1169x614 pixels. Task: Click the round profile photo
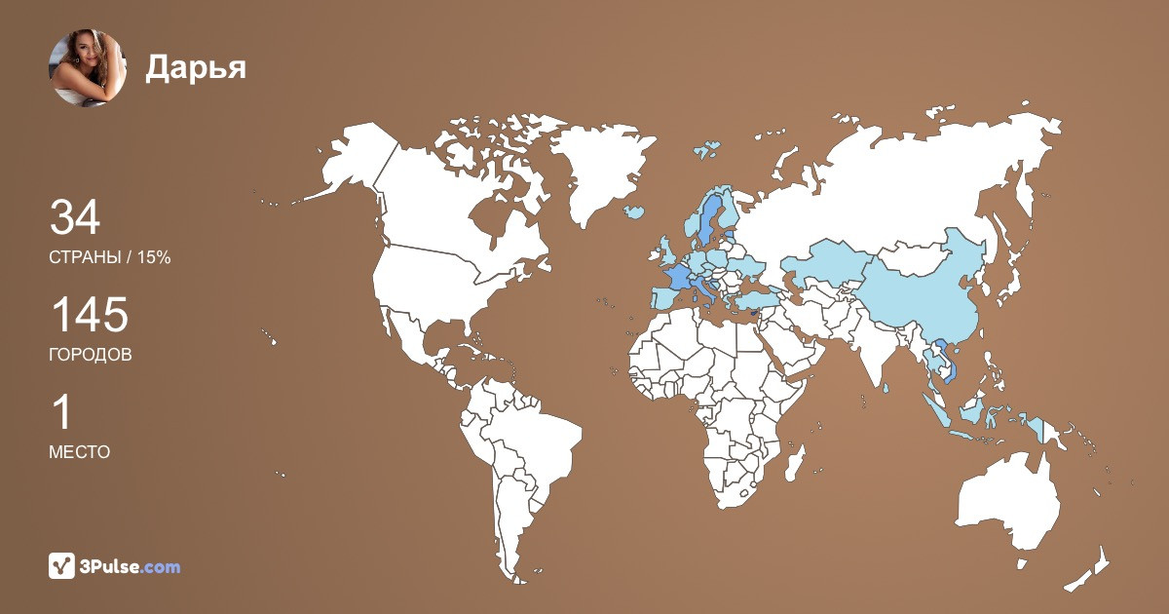pos(88,67)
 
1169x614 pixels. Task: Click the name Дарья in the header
pos(196,66)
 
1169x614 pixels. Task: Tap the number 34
pos(75,218)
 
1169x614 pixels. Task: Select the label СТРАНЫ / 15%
pos(110,257)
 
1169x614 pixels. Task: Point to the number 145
pos(89,316)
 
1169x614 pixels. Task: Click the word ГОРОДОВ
pos(91,355)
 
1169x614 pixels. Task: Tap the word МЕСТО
pos(79,452)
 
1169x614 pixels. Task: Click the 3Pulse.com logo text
pos(130,566)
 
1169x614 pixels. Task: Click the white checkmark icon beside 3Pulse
pos(62,566)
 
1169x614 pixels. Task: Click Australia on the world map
pos(1008,502)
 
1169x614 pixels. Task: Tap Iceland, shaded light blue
pos(634,211)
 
